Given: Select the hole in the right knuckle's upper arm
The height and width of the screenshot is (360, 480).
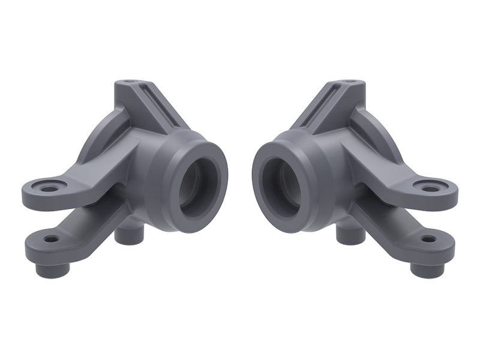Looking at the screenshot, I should pos(430,188).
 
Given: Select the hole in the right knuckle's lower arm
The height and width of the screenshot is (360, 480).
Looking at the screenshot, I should pos(428,239).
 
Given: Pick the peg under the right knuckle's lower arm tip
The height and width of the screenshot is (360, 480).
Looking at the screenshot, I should pos(427,268).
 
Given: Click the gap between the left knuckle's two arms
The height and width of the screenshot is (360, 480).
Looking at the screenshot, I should pos(90,210).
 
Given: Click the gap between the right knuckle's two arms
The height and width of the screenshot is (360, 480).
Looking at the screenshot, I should pos(390,210).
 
